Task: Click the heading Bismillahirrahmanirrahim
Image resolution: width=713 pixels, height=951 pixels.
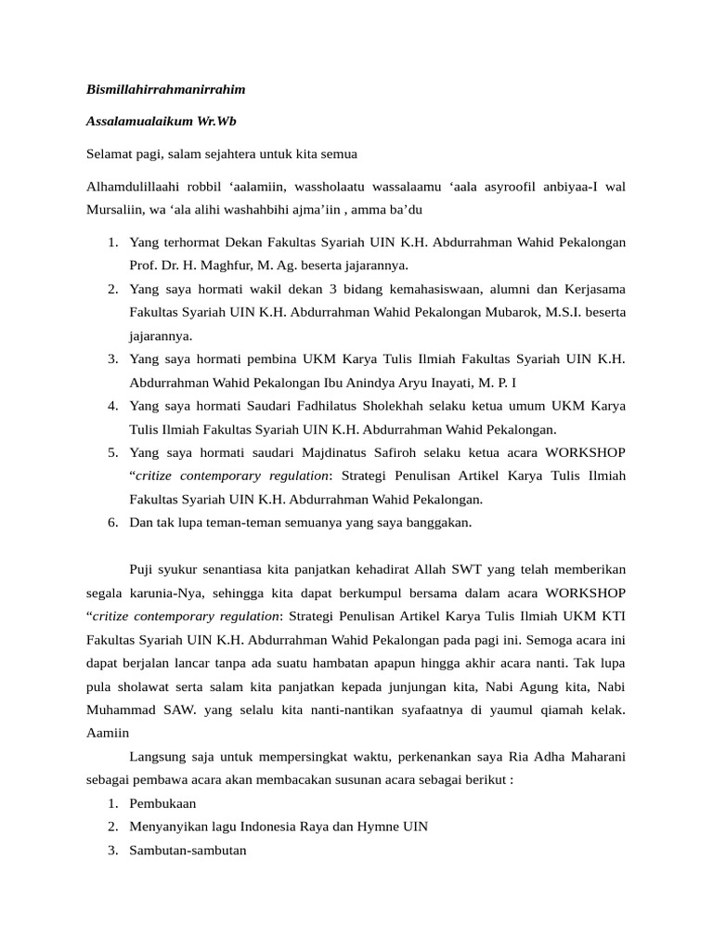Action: pyautogui.click(x=165, y=90)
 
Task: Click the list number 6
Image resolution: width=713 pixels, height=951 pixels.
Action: pyautogui.click(x=111, y=522)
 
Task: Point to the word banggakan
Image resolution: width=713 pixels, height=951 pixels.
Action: pyautogui.click(x=434, y=522)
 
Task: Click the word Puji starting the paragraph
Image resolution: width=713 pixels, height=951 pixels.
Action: pyautogui.click(x=142, y=568)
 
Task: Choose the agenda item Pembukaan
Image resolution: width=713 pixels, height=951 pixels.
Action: pyautogui.click(x=162, y=803)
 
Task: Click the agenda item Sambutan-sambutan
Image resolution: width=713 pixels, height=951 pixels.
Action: pyautogui.click(x=188, y=850)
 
